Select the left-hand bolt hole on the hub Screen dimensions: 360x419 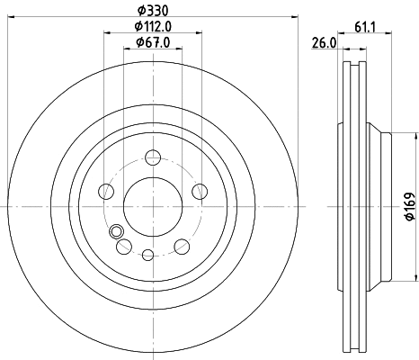[106, 191]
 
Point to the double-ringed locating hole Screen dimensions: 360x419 [115, 232]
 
